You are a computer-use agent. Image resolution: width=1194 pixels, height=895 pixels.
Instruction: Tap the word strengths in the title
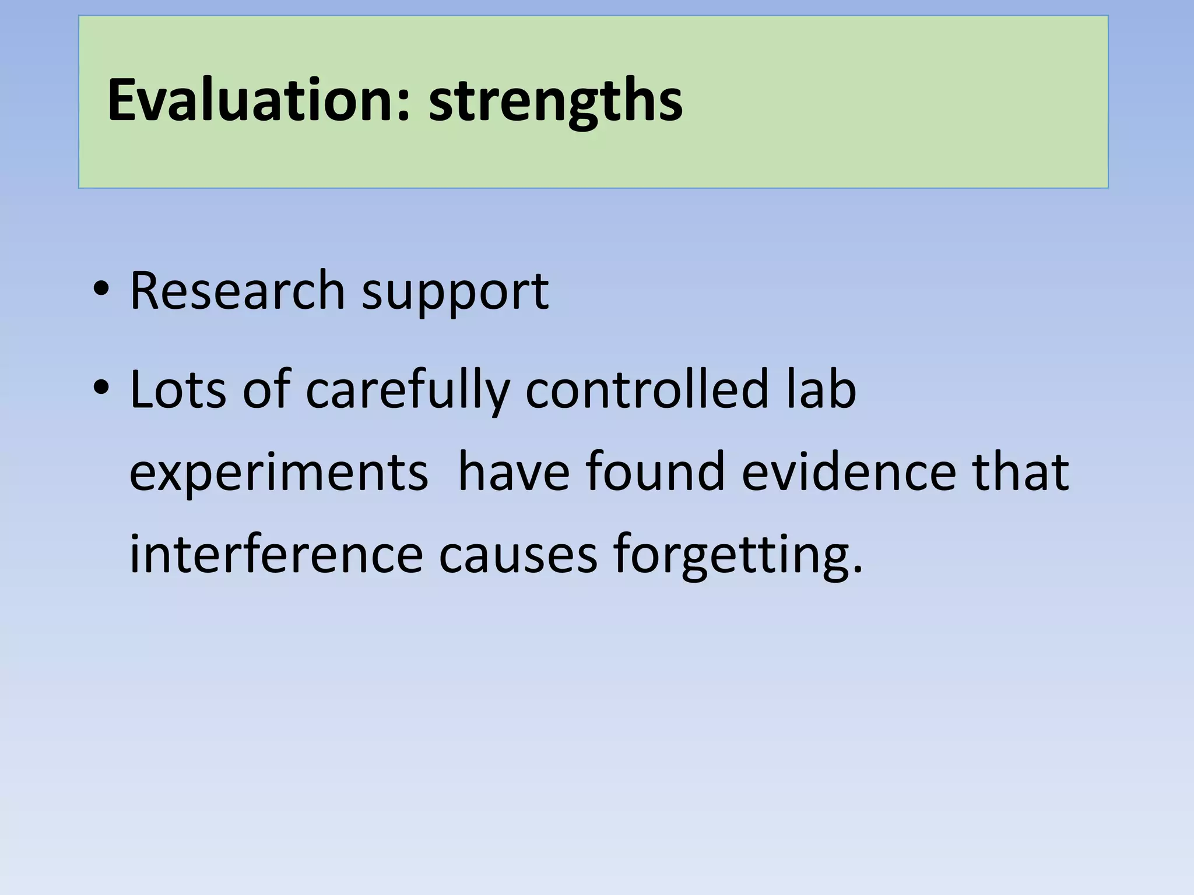tap(556, 102)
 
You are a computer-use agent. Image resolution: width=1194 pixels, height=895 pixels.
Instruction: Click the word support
tap(455, 293)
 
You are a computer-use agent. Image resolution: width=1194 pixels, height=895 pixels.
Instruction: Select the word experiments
tap(279, 474)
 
